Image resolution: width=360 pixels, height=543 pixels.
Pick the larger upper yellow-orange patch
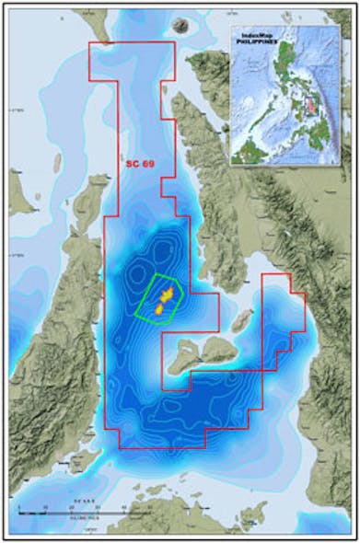pyautogui.click(x=168, y=294)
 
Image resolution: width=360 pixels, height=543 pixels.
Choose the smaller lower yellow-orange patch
pyautogui.click(x=157, y=309)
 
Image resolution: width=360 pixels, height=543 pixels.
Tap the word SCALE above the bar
pyautogui.click(x=84, y=503)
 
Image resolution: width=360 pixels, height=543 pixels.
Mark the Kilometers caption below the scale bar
pyautogui.click(x=84, y=516)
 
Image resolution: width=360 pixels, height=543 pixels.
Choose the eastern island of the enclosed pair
pyautogui.click(x=221, y=348)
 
